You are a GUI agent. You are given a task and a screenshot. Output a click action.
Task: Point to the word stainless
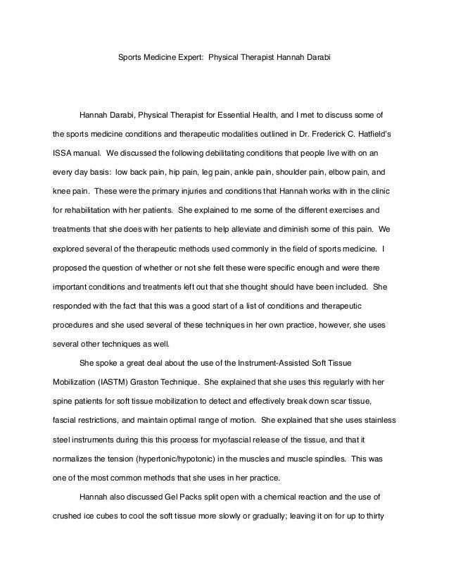pyautogui.click(x=381, y=421)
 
